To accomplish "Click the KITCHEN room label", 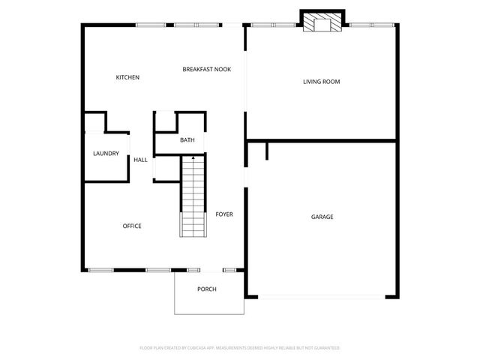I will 127,77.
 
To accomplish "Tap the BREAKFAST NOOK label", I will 207,69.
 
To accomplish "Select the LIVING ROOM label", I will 321,81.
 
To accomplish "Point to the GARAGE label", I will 322,217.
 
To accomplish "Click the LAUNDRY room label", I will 106,154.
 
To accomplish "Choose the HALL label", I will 140,160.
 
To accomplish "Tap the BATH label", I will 187,140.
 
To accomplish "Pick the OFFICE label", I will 132,226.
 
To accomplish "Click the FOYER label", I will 224,214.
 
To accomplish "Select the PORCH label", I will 207,289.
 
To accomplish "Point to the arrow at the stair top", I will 193,158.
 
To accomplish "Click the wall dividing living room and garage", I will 321,139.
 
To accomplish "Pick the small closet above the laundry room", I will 94,122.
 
